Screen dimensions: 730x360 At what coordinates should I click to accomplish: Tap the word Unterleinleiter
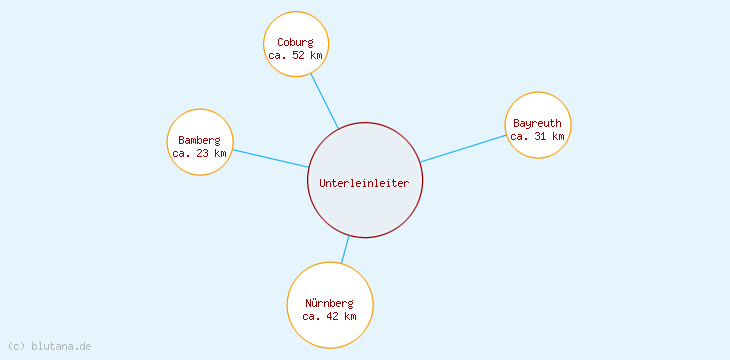[x=365, y=183]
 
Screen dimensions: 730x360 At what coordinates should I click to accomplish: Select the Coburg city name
[x=296, y=42]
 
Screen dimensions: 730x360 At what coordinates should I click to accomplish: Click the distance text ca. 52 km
[x=296, y=55]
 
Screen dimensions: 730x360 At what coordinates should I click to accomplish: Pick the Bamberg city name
[x=200, y=140]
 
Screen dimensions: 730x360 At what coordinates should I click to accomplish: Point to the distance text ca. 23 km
[x=200, y=153]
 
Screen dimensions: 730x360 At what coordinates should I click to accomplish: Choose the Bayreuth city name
[x=538, y=123]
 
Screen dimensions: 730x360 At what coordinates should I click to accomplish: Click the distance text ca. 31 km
[x=538, y=136]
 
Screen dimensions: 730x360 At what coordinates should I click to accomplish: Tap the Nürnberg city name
[x=330, y=303]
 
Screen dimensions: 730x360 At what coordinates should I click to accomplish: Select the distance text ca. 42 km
[x=330, y=316]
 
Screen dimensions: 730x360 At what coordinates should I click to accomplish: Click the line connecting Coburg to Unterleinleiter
[x=324, y=100]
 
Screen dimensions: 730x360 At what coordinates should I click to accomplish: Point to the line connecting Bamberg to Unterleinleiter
[x=270, y=158]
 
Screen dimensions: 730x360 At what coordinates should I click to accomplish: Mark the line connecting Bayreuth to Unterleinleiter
[x=462, y=148]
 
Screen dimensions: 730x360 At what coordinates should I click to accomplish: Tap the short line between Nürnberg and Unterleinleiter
[x=345, y=249]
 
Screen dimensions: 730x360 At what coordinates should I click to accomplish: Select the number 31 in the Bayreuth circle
[x=541, y=136]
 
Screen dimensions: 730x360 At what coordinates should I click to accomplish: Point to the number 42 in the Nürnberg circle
[x=333, y=316]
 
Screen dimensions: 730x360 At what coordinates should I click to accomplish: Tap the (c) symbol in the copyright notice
[x=16, y=346]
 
